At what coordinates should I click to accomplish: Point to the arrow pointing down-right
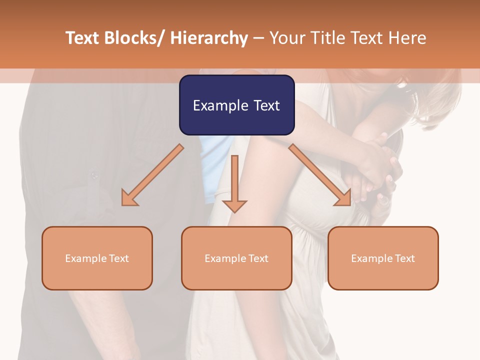coord(320,175)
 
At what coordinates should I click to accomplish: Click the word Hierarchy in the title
coord(208,38)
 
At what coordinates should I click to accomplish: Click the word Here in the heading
coord(406,38)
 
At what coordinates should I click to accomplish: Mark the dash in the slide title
coord(258,38)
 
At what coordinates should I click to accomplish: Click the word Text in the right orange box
coord(404,258)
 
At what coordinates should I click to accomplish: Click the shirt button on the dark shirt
coord(93,175)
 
